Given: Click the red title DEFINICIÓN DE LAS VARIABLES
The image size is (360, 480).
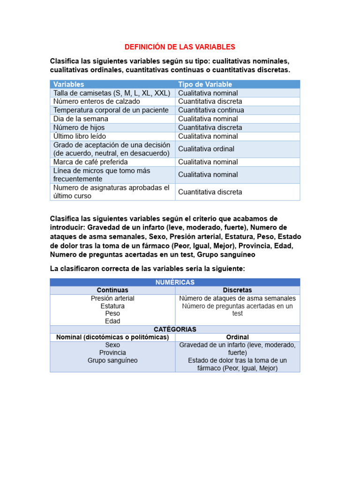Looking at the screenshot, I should [x=180, y=47].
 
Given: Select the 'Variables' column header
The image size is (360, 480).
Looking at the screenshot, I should [x=69, y=84].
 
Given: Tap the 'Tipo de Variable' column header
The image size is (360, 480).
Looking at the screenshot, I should [x=205, y=84].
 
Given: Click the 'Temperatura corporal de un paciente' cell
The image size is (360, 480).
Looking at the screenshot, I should [x=111, y=110].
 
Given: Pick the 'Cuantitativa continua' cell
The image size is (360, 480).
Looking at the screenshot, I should [x=211, y=110].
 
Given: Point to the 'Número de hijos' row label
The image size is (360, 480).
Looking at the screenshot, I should [x=79, y=127].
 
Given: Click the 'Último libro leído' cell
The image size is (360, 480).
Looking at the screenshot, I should [x=80, y=136].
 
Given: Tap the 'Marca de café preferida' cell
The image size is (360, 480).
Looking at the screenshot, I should [x=90, y=162].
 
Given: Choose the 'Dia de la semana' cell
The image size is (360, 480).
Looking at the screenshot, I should [x=81, y=119].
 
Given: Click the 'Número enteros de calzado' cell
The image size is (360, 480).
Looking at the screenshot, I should [x=97, y=102].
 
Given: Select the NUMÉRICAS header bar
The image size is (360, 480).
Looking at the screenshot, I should [x=175, y=282].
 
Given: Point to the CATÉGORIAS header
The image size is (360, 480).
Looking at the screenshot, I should [x=175, y=330].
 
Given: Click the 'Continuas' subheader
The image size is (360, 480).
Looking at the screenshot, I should [x=112, y=290].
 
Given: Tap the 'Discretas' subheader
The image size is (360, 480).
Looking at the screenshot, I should [x=238, y=290].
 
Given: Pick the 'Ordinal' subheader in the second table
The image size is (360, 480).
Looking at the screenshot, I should [x=238, y=337].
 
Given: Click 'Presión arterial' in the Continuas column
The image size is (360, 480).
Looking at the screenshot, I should [x=112, y=299].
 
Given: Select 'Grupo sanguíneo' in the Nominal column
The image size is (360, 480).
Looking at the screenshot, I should [x=112, y=361].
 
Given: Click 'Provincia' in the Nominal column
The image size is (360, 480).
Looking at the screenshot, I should [x=112, y=353].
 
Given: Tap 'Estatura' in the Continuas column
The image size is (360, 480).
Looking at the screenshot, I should [x=112, y=306].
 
